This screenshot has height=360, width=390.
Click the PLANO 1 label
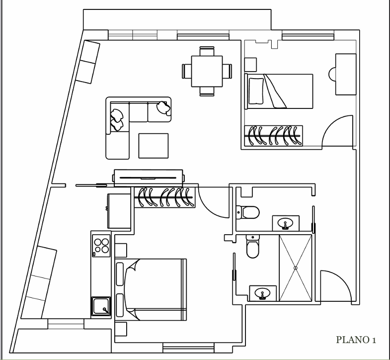[x=356, y=340]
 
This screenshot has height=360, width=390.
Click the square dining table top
[x=207, y=71]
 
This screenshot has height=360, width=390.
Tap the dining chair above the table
[x=207, y=51]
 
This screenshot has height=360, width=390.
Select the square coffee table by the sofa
[x=153, y=146]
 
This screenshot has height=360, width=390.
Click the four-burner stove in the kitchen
[x=101, y=246]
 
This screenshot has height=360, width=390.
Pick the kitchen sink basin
[x=101, y=306]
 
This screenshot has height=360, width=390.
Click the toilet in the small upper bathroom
[x=248, y=212]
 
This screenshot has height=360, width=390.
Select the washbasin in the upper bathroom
[x=286, y=223]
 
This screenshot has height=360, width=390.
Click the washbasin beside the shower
[x=263, y=293]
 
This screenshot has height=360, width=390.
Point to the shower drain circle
[x=296, y=268]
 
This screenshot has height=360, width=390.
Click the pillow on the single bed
[x=256, y=91]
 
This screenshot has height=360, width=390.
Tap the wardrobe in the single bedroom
[x=274, y=136]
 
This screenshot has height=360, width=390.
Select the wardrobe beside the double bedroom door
[x=164, y=197]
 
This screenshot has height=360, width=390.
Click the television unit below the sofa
[x=149, y=178]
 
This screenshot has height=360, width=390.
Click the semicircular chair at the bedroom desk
[x=332, y=74]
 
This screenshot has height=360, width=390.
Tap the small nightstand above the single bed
[x=250, y=65]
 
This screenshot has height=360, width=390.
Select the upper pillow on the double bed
[x=120, y=274]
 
